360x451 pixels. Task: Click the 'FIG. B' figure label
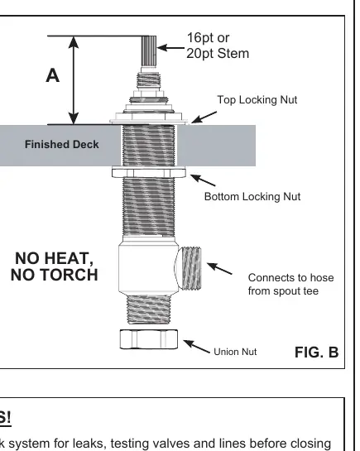317,352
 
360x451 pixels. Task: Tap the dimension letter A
53,75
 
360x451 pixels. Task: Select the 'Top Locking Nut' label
257,100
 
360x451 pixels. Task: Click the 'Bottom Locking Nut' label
252,197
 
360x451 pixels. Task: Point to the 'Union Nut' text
235,352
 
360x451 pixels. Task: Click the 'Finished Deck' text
62,144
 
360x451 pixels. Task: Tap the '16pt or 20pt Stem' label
218,46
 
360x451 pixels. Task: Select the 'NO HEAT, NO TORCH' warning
55,266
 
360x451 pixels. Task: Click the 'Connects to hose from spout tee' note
291,284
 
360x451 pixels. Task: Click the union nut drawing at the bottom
149,339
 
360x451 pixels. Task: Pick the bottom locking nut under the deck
149,172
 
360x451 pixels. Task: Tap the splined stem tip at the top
149,51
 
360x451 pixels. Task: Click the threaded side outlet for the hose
190,268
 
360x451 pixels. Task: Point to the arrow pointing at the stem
170,48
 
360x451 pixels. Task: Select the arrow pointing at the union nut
197,347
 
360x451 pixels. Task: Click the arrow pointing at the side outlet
219,268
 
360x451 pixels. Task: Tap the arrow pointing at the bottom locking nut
203,180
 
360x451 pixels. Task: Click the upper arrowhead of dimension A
74,42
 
